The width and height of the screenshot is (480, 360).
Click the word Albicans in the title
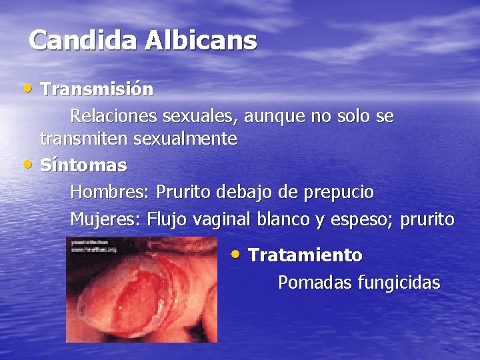[x=201, y=41]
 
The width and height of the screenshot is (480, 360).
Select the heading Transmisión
[x=97, y=89]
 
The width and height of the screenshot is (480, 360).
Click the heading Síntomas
[x=83, y=165]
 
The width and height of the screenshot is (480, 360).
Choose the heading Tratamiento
[x=305, y=255]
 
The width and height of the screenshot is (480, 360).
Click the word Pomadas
[x=315, y=283]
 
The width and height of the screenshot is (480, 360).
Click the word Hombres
[x=109, y=193]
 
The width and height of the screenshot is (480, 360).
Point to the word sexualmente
[x=185, y=139]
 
